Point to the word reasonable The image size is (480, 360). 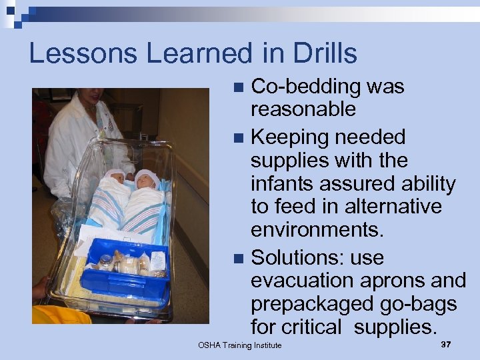click(x=303, y=109)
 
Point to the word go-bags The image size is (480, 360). click(x=417, y=304)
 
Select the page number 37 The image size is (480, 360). click(x=446, y=344)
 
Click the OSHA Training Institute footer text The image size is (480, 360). click(x=239, y=345)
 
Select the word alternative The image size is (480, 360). click(x=376, y=207)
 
